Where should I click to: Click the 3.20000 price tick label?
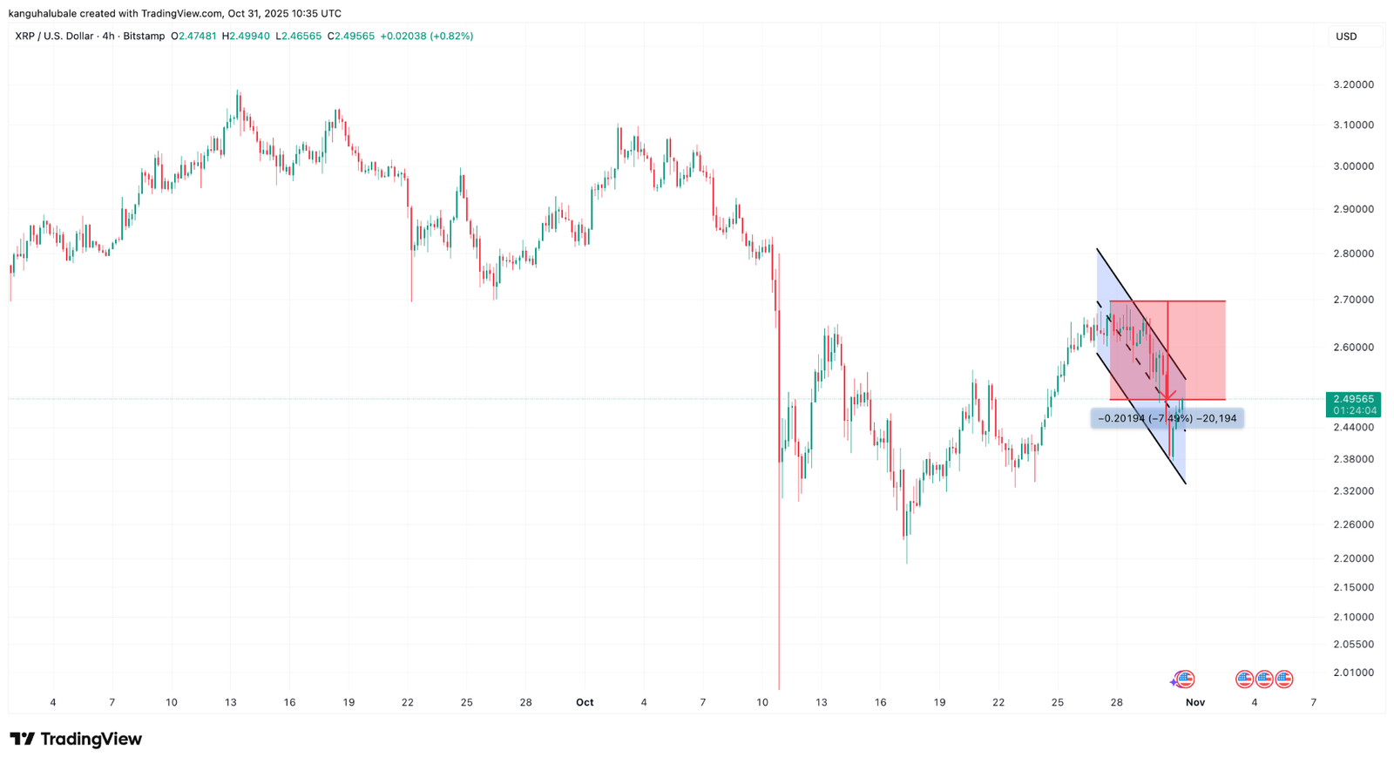pos(1353,85)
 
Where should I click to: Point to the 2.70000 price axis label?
pos(1353,300)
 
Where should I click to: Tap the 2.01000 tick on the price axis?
pos(1353,673)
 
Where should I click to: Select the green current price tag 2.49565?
pos(1353,399)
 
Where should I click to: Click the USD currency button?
pos(1346,37)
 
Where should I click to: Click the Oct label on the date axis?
pos(585,702)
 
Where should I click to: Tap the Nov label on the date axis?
pos(1194,702)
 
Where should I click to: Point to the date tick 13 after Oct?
pos(821,702)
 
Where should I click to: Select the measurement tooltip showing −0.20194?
pos(1167,419)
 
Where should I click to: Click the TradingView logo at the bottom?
pos(76,740)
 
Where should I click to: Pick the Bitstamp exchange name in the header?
pos(144,37)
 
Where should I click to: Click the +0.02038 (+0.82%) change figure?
pos(427,37)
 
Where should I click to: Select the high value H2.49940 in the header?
pos(246,37)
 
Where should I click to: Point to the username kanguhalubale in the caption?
pos(43,14)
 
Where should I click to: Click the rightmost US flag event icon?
pos(1283,679)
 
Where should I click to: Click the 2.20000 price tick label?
pos(1353,558)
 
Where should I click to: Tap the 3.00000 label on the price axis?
pos(1353,166)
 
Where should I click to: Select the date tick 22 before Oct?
pos(408,702)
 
